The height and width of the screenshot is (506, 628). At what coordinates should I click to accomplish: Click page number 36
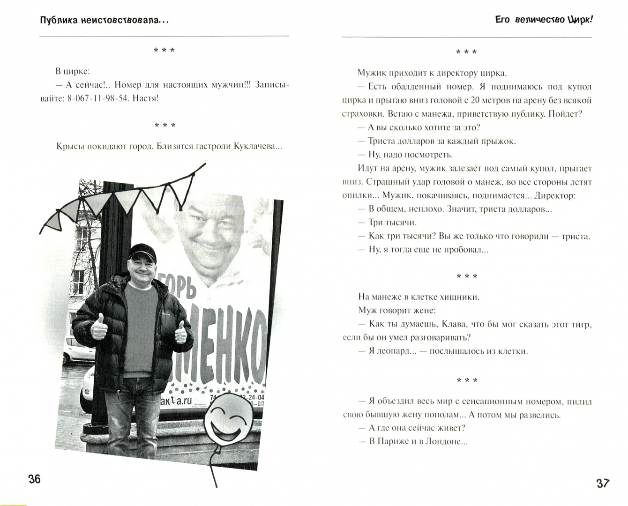tap(35, 479)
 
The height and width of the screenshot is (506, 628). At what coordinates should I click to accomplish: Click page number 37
tap(603, 483)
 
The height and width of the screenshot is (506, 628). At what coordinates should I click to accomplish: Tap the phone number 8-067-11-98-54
tap(97, 98)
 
